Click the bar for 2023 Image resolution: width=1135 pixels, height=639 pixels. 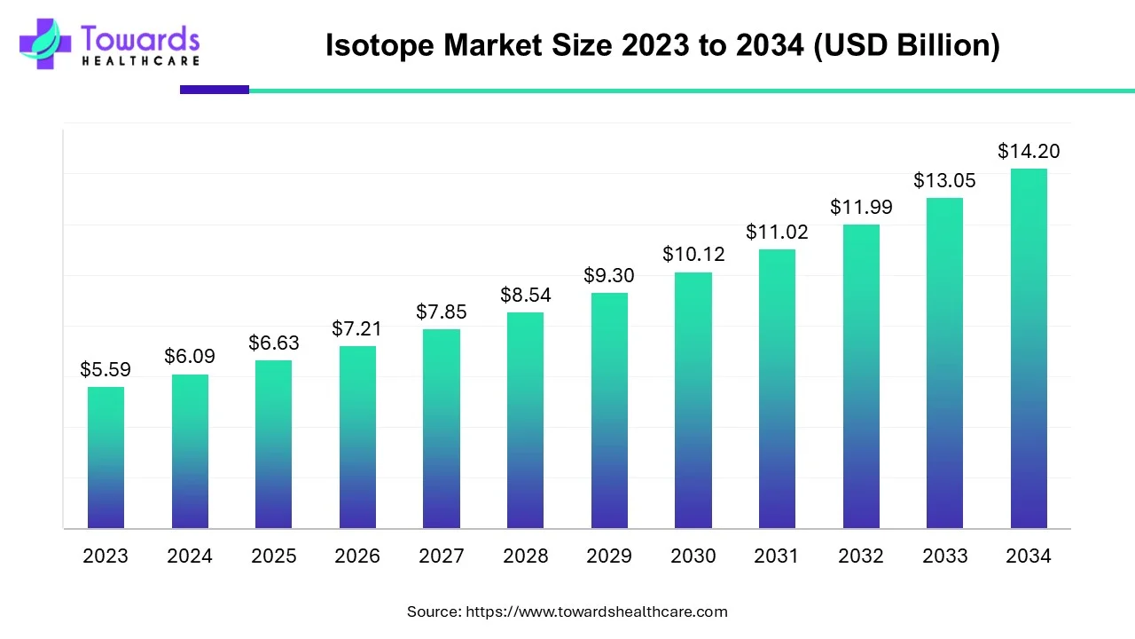[106, 458]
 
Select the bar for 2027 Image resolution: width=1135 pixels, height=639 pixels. [442, 429]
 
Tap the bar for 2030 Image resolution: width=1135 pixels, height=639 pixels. [693, 400]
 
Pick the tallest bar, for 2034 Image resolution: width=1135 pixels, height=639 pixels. [1029, 349]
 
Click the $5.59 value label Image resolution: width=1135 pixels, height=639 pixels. [106, 369]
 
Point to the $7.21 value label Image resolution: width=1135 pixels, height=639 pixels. [357, 328]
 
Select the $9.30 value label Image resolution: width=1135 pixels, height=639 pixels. [609, 275]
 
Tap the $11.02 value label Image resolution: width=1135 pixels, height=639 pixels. [777, 232]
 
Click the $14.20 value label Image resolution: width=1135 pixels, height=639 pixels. [1029, 151]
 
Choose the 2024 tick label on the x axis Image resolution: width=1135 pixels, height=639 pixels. [190, 556]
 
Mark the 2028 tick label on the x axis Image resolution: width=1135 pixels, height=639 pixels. [526, 556]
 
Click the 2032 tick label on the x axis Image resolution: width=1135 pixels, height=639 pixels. [861, 556]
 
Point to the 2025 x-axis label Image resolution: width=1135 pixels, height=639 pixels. [274, 556]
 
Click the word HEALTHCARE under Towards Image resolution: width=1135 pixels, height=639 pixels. [140, 61]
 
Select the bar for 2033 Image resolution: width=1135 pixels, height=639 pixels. [944, 363]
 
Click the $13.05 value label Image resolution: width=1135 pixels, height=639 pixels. [944, 180]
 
